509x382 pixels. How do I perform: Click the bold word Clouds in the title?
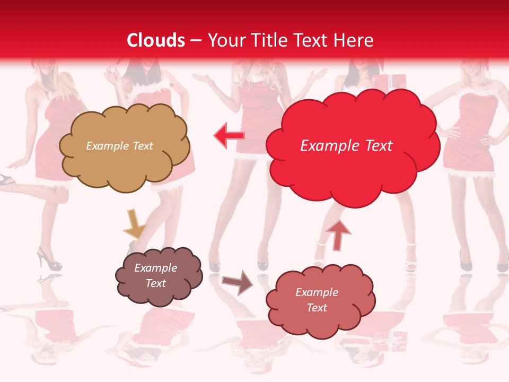[156, 40]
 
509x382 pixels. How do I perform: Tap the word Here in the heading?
[354, 40]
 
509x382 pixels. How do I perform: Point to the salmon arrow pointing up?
[338, 235]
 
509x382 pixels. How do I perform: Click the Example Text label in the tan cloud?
[119, 146]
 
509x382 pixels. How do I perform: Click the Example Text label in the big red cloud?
[346, 146]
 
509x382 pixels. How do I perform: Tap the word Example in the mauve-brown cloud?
[155, 268]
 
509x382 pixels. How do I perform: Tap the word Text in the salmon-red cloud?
[317, 308]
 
